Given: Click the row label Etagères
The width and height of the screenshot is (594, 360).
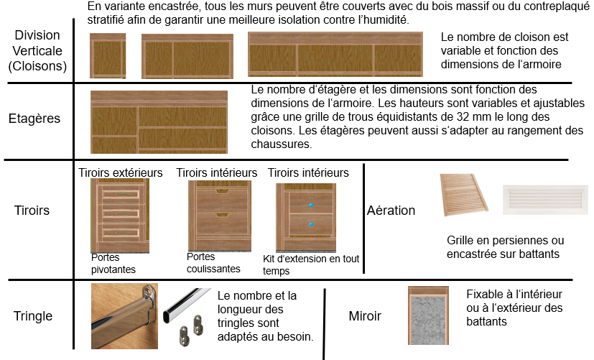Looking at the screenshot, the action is click(34, 119).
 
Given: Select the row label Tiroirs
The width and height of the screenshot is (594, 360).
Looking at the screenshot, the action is click(32, 211).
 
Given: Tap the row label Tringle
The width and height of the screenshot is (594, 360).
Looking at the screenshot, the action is click(33, 316).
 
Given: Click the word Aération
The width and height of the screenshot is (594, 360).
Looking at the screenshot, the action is click(391, 211).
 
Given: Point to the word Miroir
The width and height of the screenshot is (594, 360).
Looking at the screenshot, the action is click(365, 316).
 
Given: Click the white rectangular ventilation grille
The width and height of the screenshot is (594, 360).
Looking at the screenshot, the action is click(544, 200).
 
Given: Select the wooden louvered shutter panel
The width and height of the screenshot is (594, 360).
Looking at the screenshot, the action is click(464, 195).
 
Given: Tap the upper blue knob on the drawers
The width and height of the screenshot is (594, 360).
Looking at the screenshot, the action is click(311, 206).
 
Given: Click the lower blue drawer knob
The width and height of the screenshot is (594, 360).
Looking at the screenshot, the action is click(311, 225).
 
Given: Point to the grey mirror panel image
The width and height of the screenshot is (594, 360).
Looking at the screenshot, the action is click(429, 315).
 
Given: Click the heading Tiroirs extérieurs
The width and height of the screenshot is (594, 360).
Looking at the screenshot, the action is click(121, 172).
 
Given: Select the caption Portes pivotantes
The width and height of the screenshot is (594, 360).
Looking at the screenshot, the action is click(113, 264).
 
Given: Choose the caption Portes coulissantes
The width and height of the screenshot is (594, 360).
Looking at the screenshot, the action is click(213, 262).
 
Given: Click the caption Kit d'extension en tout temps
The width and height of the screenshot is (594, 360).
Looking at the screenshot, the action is click(311, 265).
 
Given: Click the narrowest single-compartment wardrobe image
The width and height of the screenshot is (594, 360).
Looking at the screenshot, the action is click(108, 56).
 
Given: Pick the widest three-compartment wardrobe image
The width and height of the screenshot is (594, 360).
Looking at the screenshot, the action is click(335, 54).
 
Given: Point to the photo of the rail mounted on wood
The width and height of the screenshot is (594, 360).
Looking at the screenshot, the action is click(125, 316).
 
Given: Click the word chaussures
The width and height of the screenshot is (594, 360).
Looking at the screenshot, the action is click(282, 144).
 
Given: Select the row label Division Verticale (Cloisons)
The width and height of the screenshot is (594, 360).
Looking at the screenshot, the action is click(37, 51).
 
